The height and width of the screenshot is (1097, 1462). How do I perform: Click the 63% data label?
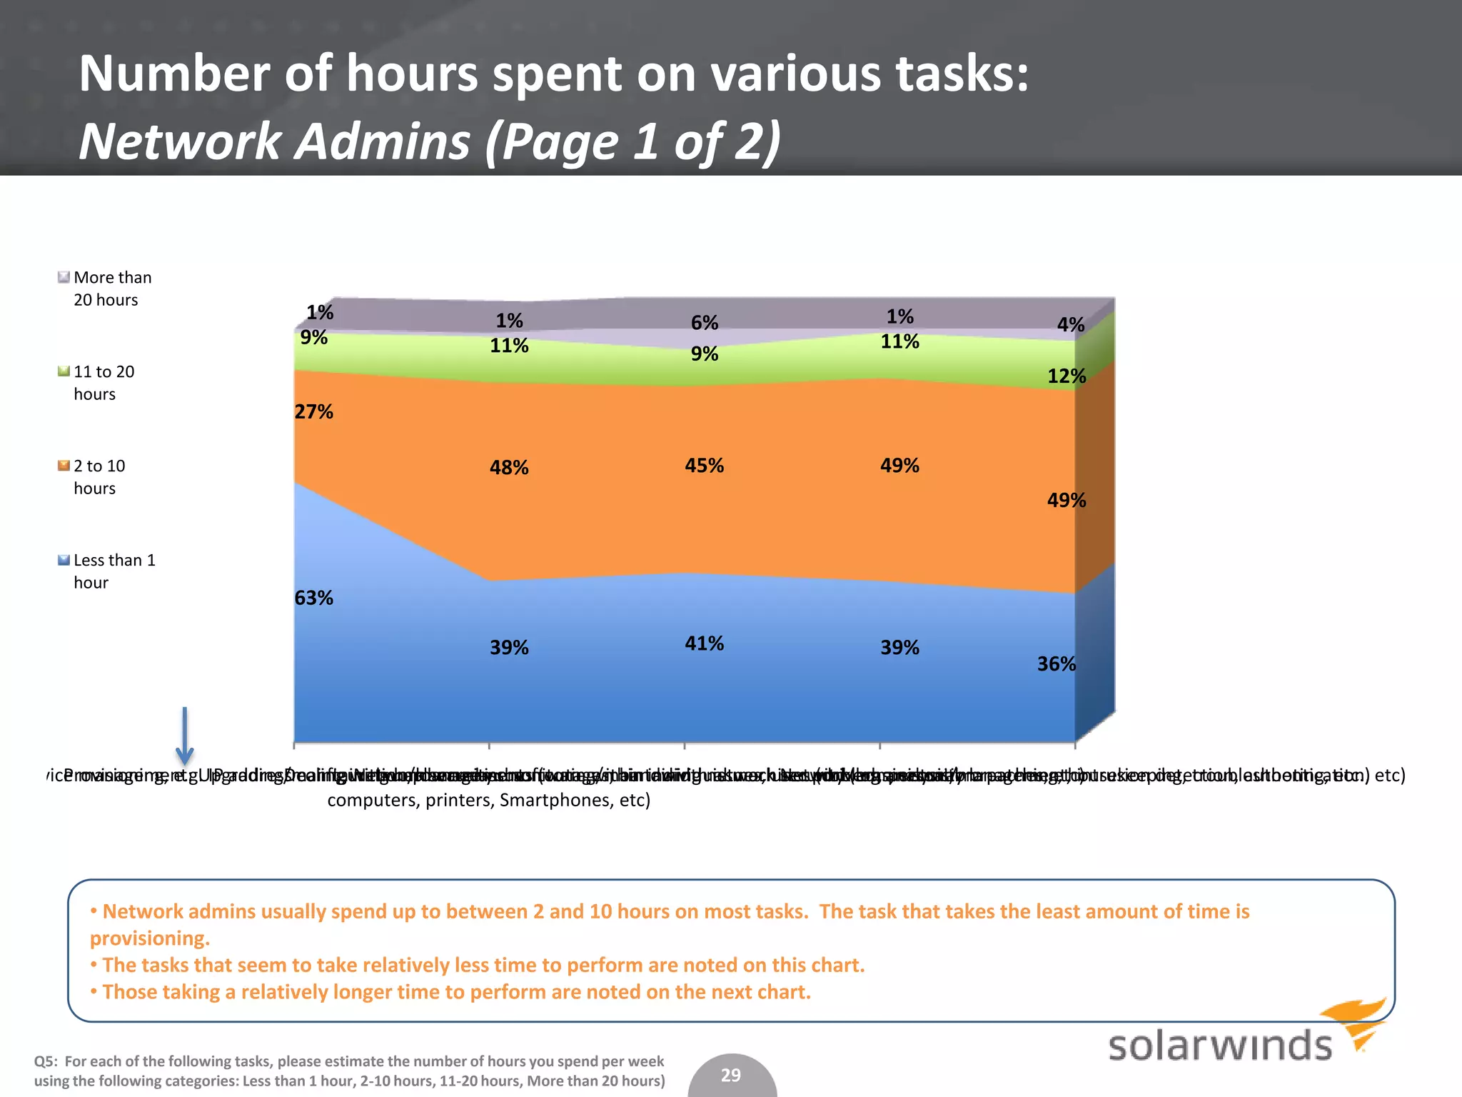pyautogui.click(x=314, y=598)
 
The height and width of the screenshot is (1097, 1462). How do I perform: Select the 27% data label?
pyautogui.click(x=314, y=411)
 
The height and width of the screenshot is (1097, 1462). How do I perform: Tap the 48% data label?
pyautogui.click(x=509, y=468)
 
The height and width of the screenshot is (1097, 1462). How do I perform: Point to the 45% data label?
pyautogui.click(x=704, y=466)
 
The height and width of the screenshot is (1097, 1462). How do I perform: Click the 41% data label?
pyautogui.click(x=704, y=643)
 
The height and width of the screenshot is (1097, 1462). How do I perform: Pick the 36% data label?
pyautogui.click(x=1057, y=664)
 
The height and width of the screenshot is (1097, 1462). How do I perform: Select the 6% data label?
pyautogui.click(x=705, y=323)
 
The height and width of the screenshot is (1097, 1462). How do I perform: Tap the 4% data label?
pyautogui.click(x=1071, y=325)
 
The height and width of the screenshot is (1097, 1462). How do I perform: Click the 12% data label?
pyautogui.click(x=1067, y=376)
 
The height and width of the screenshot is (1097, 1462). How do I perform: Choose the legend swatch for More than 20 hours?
pyautogui.click(x=64, y=277)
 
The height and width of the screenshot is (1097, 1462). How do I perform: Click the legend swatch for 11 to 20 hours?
pyautogui.click(x=64, y=371)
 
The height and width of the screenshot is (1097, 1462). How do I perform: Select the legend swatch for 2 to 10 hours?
pyautogui.click(x=64, y=466)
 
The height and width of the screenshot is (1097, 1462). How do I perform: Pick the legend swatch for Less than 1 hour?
pyautogui.click(x=64, y=560)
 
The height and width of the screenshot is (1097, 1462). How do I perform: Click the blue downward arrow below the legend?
pyautogui.click(x=185, y=736)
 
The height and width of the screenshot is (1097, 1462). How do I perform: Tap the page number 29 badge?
pyautogui.click(x=731, y=1076)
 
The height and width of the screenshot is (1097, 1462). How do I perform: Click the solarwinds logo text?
pyautogui.click(x=1220, y=1046)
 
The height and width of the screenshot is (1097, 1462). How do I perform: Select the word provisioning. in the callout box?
pyautogui.click(x=150, y=938)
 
